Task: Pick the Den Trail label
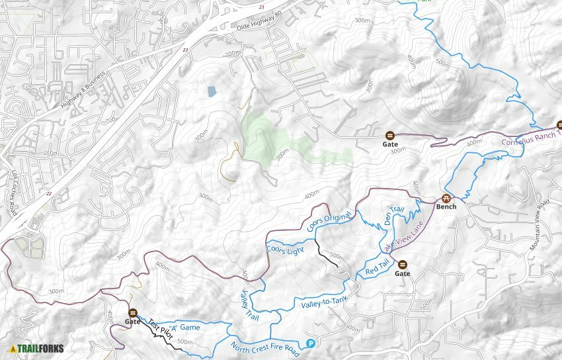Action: point(394,216)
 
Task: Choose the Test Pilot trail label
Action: point(159,328)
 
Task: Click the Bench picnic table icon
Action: point(446,197)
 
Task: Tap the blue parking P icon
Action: point(310,343)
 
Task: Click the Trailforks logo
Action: point(32,349)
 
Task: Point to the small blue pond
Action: point(211,91)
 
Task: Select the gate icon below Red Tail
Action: point(402,264)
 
